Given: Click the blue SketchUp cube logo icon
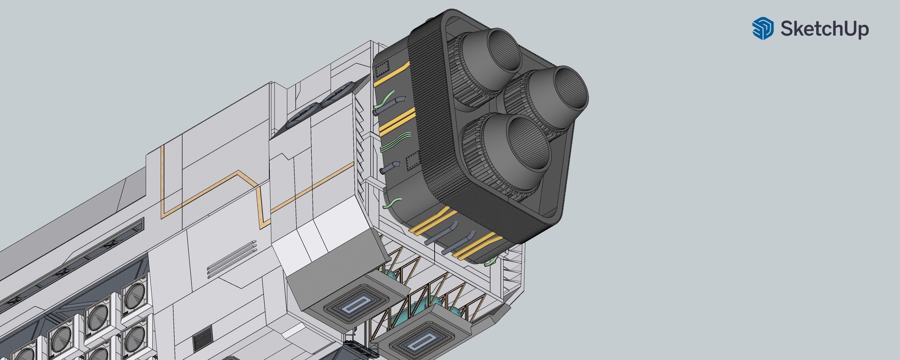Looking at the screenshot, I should point(763,28).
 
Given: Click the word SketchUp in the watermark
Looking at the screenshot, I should point(825,29).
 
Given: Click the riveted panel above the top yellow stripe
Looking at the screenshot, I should point(382,69).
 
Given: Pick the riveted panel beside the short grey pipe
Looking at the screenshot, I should point(413,161).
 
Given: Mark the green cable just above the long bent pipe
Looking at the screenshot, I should point(384,100).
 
